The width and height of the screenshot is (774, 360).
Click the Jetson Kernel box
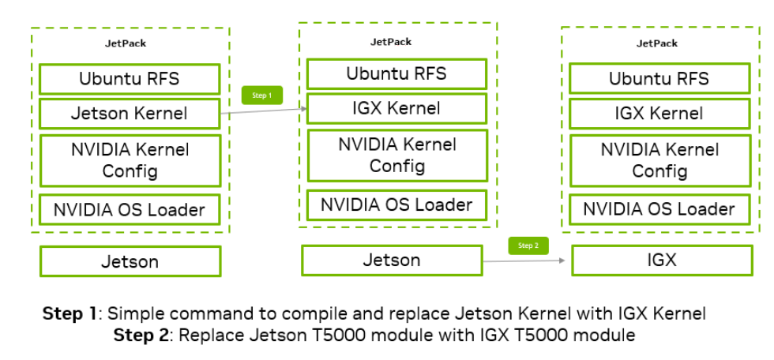pos(130,113)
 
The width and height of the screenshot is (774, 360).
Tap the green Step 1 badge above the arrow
pos(261,96)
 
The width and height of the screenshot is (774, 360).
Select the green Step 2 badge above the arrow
pos(528,246)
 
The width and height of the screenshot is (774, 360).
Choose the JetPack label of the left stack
pos(126,43)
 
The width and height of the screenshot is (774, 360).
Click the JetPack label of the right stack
pos(657,43)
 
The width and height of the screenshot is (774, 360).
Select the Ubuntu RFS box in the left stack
pos(130,79)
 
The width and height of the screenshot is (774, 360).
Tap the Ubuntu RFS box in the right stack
pos(659,79)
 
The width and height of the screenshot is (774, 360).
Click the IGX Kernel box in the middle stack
pos(396,108)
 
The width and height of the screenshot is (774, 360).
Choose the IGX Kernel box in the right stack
pos(659,113)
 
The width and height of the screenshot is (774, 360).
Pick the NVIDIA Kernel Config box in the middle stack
pos(396,155)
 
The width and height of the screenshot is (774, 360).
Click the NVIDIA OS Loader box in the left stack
pos(130,209)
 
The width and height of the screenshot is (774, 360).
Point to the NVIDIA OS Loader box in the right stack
pos(659,209)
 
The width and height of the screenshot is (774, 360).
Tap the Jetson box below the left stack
pos(130,261)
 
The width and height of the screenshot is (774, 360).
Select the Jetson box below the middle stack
pos(391,259)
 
